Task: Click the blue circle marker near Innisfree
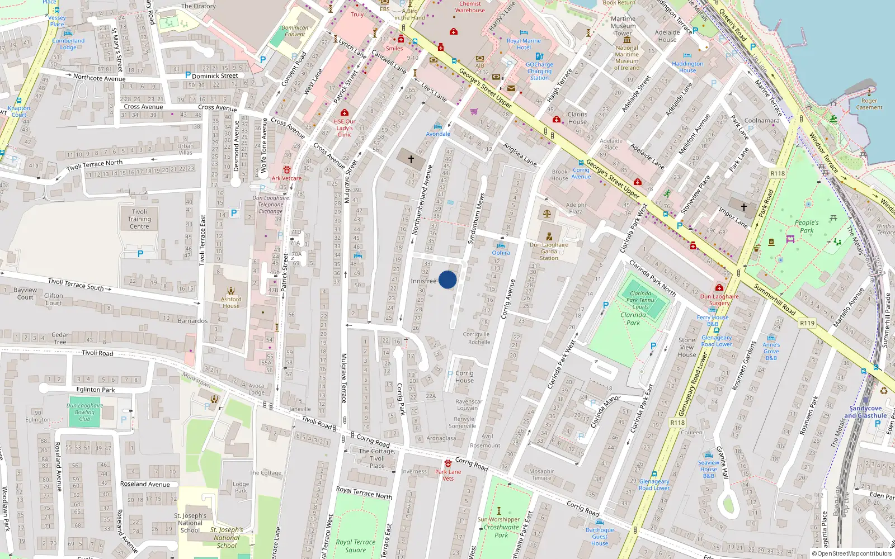[447, 279]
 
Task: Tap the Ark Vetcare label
[286, 178]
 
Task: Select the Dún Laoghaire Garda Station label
[549, 251]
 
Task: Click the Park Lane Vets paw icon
[448, 463]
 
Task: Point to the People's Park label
[807, 226]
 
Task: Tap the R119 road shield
[807, 323]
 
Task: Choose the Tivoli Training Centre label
[139, 219]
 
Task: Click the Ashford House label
[231, 302]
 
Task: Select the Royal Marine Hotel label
[524, 44]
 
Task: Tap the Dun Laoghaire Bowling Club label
[84, 412]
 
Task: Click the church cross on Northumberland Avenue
[411, 159]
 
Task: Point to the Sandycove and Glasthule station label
[865, 412]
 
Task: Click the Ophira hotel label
[501, 253]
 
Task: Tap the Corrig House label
[464, 377]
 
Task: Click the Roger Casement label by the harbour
[869, 104]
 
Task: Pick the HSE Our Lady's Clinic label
[345, 127]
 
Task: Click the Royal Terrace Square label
[355, 546]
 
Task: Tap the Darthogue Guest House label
[600, 536]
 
